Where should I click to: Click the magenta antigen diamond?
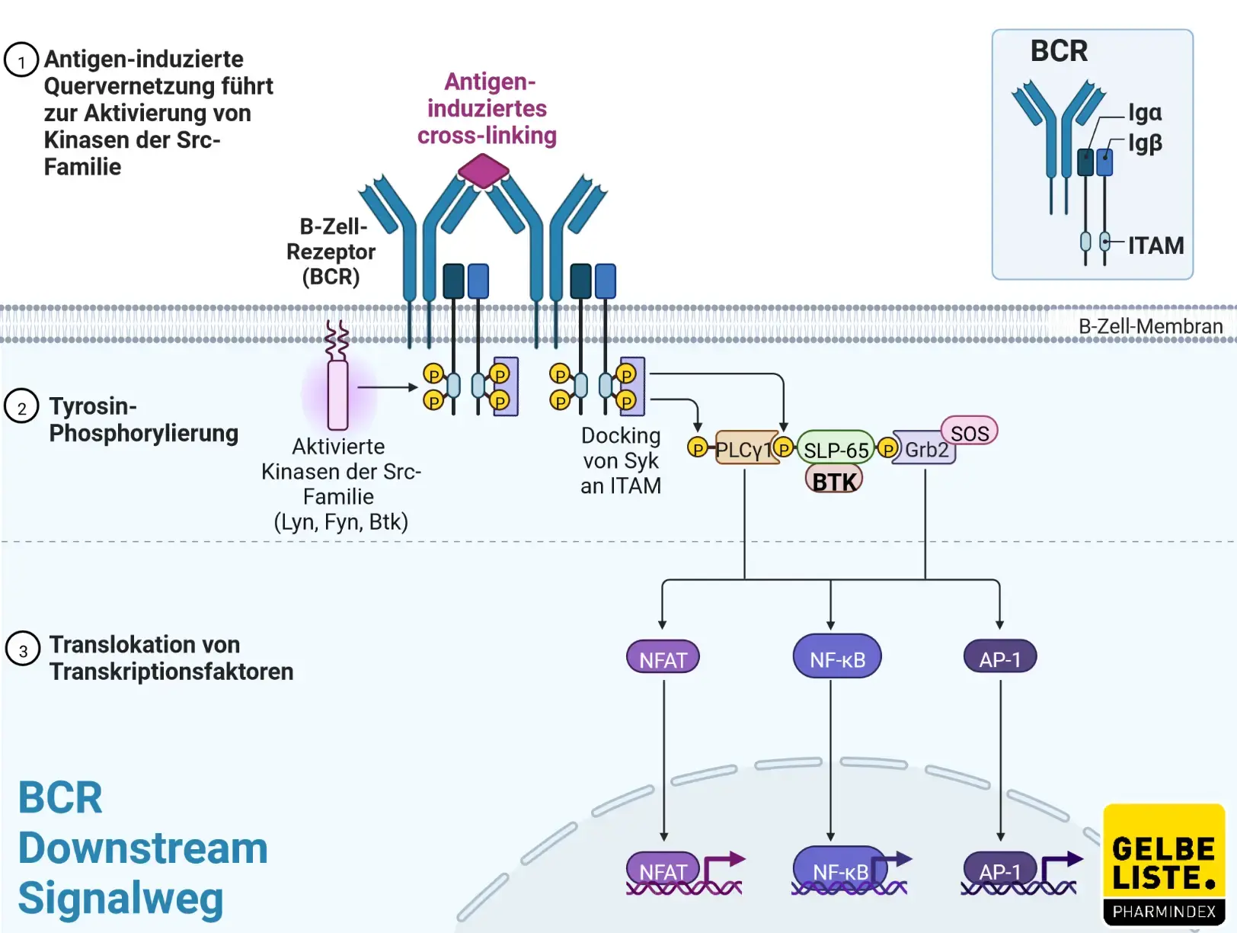[x=483, y=171]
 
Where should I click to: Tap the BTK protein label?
[x=834, y=481]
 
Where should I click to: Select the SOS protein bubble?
[x=970, y=432]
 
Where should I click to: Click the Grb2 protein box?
[x=925, y=450]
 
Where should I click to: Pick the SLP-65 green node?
[x=836, y=450]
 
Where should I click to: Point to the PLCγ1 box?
[x=744, y=450]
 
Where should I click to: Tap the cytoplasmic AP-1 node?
[x=1000, y=658]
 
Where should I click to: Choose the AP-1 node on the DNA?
[x=999, y=870]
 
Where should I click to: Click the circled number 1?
[x=21, y=60]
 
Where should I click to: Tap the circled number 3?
[x=23, y=649]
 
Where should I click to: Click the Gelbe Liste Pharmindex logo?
[x=1164, y=864]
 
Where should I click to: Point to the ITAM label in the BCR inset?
[x=1155, y=245]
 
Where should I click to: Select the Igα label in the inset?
[x=1145, y=113]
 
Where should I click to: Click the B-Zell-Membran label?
[x=1150, y=326]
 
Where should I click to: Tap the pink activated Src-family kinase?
[x=337, y=394]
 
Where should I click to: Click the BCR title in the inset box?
[x=1059, y=51]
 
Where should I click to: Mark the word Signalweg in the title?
[x=120, y=899]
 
